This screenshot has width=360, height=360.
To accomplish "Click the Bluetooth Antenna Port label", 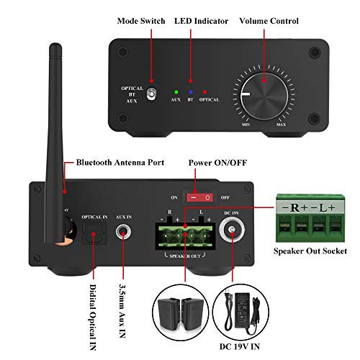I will [x=120, y=163].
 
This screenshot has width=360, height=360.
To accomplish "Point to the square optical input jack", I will [x=94, y=230].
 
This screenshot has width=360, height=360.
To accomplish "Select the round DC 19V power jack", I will [x=233, y=231].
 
